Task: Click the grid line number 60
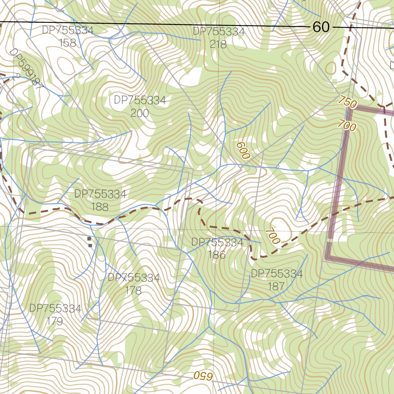pos(321,27)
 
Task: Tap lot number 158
pos(68,43)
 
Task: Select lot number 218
pos(218,44)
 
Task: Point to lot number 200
pos(140,113)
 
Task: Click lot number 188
pos(100,207)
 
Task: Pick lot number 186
pos(217,255)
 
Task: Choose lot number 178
pos(134,290)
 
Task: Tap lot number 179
pos(55,321)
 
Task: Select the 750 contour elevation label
pos(348,102)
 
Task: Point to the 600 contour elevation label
pos(243,150)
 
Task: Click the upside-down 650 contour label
pos(203,376)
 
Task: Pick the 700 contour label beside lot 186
pos(272,236)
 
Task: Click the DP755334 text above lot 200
pos(140,100)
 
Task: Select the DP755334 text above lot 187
pos(277,274)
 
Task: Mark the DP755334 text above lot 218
pos(219,32)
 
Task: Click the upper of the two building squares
pos(89,239)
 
